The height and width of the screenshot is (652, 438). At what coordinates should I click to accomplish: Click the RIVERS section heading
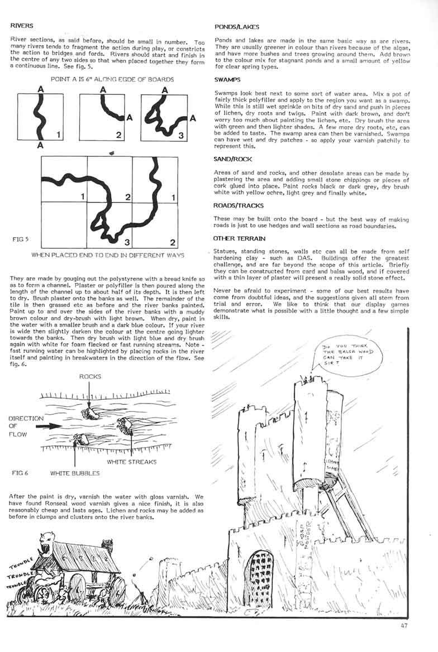pos(22,26)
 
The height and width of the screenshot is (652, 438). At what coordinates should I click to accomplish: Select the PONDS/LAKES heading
pos(236,27)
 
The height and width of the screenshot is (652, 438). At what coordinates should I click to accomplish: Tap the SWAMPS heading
pos(229,80)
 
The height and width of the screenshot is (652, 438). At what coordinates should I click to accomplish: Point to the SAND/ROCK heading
pos(234,159)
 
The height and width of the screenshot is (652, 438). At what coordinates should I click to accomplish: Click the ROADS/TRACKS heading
pos(239,205)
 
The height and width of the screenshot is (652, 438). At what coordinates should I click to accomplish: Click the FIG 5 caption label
pos(20,239)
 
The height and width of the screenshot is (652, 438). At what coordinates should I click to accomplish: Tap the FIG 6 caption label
pos(20,473)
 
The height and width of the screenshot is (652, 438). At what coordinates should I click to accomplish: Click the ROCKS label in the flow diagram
pos(91,377)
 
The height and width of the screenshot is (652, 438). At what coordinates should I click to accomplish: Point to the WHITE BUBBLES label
pos(75,473)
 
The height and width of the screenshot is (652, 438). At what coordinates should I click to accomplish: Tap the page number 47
pos(405,625)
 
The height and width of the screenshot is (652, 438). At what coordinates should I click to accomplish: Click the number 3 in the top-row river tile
pos(180,135)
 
